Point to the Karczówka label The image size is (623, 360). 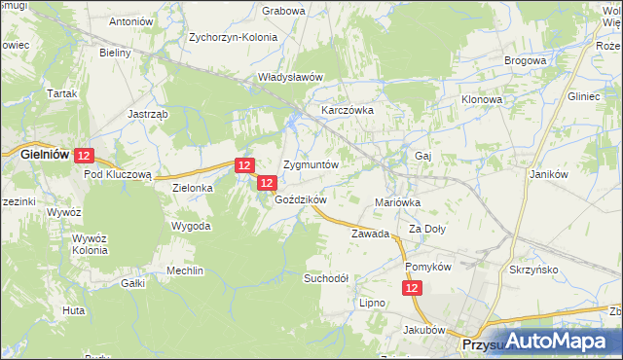pos(348,110)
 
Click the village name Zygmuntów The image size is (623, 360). pos(311,164)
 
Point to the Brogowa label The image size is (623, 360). pos(525,60)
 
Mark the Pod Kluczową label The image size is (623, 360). pos(118,174)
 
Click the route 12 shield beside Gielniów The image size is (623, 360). pos(84,155)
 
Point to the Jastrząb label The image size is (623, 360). pos(149,113)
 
